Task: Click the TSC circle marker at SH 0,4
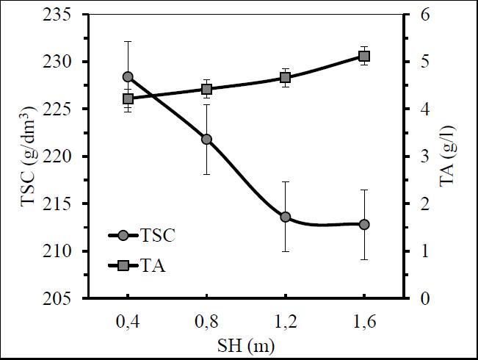[128, 76]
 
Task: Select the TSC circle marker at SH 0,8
[206, 139]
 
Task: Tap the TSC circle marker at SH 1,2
[286, 217]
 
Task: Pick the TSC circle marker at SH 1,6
[364, 224]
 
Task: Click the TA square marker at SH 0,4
[128, 98]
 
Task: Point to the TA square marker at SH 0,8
[206, 89]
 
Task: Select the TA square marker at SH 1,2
[286, 77]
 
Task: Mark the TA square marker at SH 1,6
[364, 56]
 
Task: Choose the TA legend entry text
[153, 265]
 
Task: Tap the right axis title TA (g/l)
[446, 156]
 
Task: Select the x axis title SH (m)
[245, 344]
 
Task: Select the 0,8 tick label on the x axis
[206, 320]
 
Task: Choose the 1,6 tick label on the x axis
[364, 320]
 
